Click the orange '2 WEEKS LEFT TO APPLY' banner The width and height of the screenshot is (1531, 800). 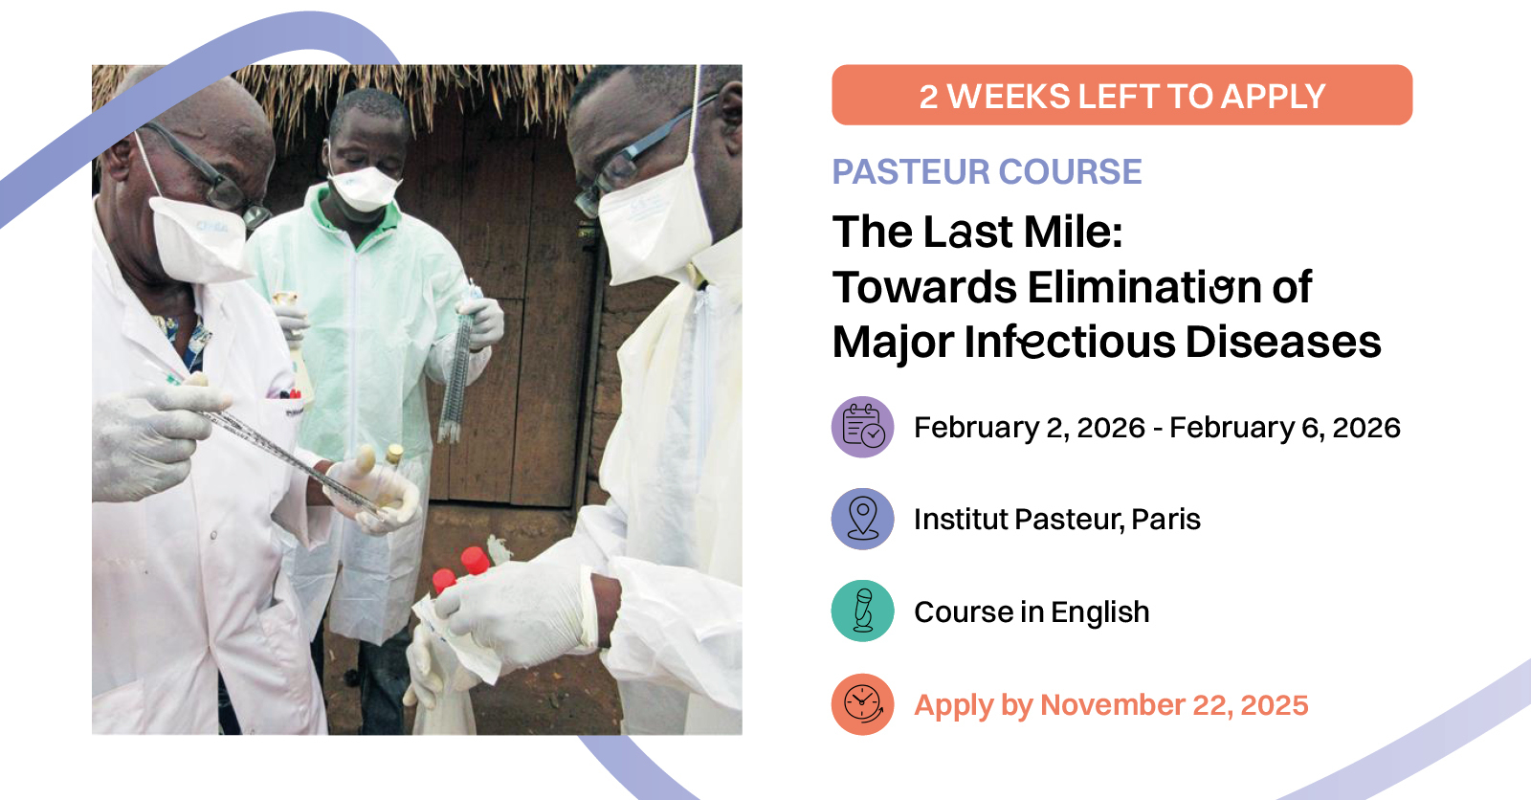[1121, 95]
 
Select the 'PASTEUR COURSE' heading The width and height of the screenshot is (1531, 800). [987, 171]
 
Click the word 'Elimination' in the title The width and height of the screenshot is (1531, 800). [1144, 286]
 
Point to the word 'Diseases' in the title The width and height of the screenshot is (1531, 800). [1283, 342]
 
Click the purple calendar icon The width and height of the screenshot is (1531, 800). [862, 427]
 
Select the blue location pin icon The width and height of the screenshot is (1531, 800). [862, 519]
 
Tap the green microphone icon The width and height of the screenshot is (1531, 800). [862, 611]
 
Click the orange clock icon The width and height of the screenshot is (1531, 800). [862, 704]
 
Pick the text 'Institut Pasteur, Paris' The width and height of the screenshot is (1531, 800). [1057, 520]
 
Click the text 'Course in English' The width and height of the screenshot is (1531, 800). [1032, 612]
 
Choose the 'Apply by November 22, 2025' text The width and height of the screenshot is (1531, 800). [1111, 705]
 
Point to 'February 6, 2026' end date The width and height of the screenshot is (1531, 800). [1285, 428]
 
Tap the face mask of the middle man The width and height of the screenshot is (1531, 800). [364, 188]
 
